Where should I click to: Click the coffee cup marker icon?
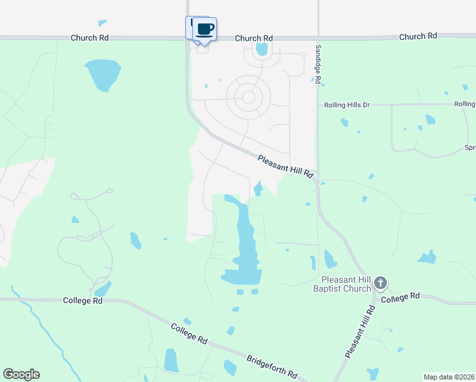click(205, 29)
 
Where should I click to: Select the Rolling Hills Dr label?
click(347, 104)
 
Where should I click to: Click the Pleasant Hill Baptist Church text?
click(346, 284)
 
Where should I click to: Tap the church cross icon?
click(381, 283)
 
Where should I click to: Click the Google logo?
click(21, 374)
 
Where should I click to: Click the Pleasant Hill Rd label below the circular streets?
click(286, 165)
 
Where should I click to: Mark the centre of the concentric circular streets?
click(249, 97)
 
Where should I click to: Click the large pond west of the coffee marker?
click(102, 73)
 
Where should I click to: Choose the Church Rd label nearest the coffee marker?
click(253, 38)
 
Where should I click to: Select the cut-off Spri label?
click(470, 148)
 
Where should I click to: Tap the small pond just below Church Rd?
click(261, 49)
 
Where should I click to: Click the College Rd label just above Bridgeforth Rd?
click(190, 333)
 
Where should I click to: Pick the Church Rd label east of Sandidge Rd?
click(418, 37)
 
